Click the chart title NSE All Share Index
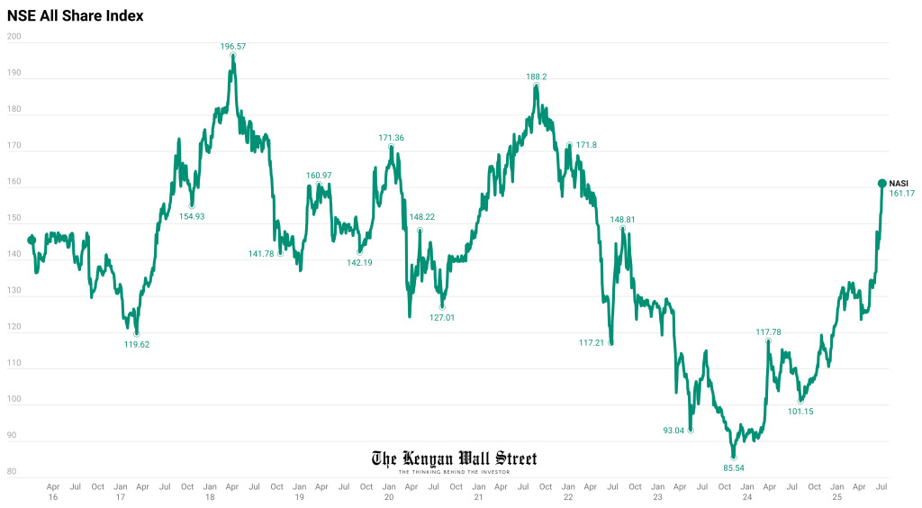pyautogui.click(x=75, y=16)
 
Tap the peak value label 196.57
pyautogui.click(x=233, y=45)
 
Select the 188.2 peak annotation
pyautogui.click(x=537, y=77)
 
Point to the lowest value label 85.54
pyautogui.click(x=734, y=468)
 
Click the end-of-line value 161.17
pyautogui.click(x=901, y=194)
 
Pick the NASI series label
pyautogui.click(x=899, y=183)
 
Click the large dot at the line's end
pyautogui.click(x=882, y=183)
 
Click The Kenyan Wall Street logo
pyautogui.click(x=454, y=460)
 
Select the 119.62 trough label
pyautogui.click(x=137, y=344)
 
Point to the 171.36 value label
pyautogui.click(x=391, y=138)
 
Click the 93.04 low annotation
pyautogui.click(x=673, y=431)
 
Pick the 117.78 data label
pyautogui.click(x=768, y=332)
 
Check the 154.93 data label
pyautogui.click(x=192, y=216)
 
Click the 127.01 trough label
pyautogui.click(x=442, y=317)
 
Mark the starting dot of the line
pyautogui.click(x=32, y=240)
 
